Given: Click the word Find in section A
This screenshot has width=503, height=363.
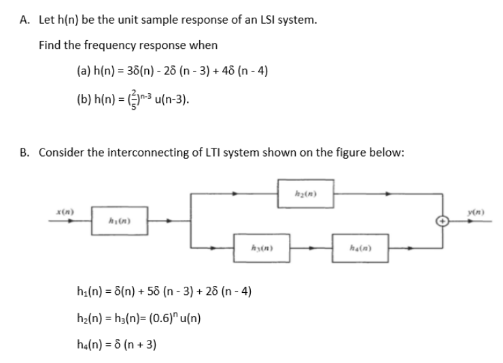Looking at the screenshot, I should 51,45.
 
